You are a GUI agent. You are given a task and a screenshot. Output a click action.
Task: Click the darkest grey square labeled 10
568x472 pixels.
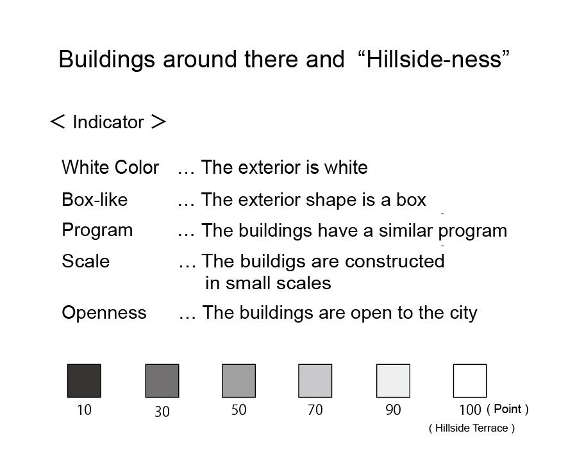(x=84, y=381)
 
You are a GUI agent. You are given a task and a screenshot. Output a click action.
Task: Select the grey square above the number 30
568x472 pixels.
(x=162, y=381)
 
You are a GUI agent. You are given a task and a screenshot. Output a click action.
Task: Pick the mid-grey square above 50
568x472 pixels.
(x=238, y=381)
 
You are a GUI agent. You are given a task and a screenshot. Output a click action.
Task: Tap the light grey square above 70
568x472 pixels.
(x=315, y=381)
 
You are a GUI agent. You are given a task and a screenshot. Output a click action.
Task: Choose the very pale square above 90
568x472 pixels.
(x=393, y=381)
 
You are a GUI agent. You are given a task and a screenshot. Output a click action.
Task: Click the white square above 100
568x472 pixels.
(x=470, y=381)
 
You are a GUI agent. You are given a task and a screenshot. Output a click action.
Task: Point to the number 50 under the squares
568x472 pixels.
(x=238, y=410)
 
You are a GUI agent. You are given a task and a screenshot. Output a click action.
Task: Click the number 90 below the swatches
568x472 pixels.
(x=393, y=410)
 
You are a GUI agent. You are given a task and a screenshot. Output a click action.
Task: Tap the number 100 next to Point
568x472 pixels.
(x=470, y=410)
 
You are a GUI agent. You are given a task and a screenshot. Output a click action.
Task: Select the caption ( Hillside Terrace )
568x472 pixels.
(x=472, y=428)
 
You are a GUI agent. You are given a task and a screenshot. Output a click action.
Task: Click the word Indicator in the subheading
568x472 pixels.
(x=108, y=122)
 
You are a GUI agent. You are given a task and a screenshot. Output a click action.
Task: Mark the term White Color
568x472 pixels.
(x=110, y=167)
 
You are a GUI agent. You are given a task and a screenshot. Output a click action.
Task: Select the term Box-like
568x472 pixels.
(x=95, y=199)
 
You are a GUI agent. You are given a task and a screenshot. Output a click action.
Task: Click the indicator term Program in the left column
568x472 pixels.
(x=97, y=231)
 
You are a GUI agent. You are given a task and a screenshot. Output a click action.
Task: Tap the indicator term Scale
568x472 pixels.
(x=86, y=261)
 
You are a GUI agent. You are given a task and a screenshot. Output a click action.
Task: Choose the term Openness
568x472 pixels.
(x=104, y=312)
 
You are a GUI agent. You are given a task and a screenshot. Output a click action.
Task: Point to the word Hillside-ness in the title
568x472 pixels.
(x=433, y=60)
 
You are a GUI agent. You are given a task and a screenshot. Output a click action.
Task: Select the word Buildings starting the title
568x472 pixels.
(x=107, y=60)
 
